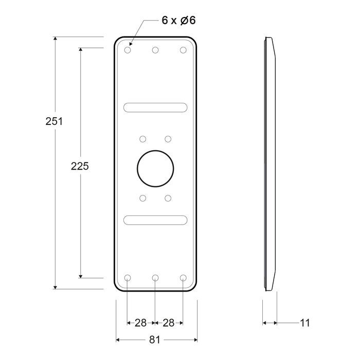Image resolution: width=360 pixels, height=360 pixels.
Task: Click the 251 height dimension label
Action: click(x=54, y=121)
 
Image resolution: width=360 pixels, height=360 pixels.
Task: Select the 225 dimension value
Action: click(x=80, y=166)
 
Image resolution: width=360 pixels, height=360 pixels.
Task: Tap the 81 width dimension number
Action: click(x=155, y=340)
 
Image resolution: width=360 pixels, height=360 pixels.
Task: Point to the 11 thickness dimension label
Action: click(x=305, y=323)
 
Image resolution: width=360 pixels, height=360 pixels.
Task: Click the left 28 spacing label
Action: click(x=140, y=323)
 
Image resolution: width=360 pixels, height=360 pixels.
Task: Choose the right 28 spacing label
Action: click(x=169, y=323)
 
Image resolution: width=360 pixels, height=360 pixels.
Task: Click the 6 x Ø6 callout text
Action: click(x=178, y=20)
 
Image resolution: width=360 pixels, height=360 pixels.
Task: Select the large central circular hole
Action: click(x=155, y=169)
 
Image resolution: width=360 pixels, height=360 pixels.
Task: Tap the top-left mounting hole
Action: click(x=128, y=50)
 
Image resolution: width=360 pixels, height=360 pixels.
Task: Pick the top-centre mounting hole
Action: click(x=155, y=50)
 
